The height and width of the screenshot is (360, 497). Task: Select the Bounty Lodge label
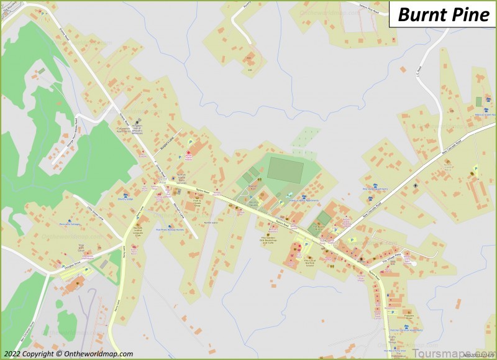click(125, 200)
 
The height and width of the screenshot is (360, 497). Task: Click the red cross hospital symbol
click(189, 153)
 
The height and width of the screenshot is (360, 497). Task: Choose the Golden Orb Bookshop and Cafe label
click(271, 241)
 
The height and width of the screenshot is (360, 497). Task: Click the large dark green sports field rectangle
click(286, 169)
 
